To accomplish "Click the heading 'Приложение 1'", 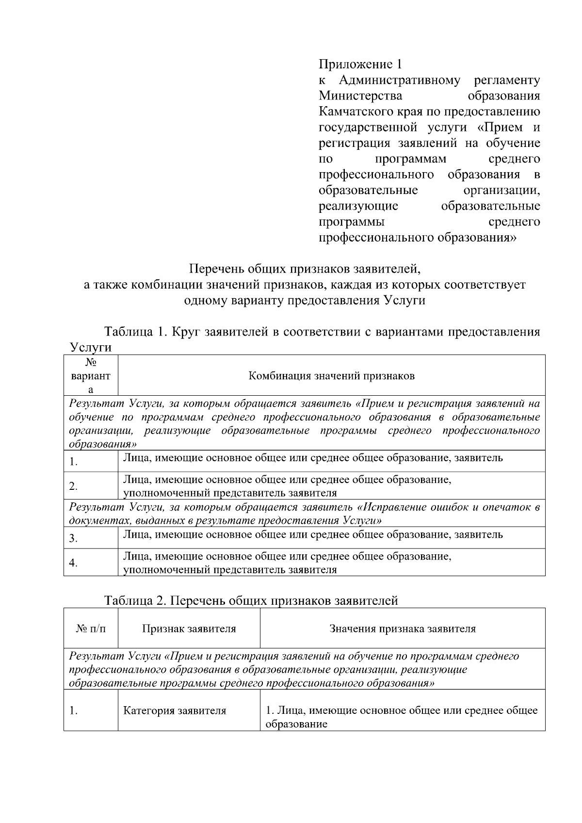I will (360, 64).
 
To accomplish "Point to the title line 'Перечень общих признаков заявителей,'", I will (304, 268).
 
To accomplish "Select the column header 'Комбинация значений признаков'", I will (331, 376).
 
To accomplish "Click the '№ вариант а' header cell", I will (91, 376).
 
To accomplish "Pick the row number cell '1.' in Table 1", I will (73, 462).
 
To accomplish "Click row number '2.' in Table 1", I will (73, 486).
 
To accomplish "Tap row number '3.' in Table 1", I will (73, 538).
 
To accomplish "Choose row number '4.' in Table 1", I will (73, 563).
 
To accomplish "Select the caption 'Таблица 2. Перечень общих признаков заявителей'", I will (251, 600).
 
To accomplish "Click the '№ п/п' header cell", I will (91, 629).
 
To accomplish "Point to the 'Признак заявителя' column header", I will (189, 629).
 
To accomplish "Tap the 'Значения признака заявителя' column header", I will (403, 629).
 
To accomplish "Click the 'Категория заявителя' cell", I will (175, 711).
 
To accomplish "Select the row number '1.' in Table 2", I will (73, 711).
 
